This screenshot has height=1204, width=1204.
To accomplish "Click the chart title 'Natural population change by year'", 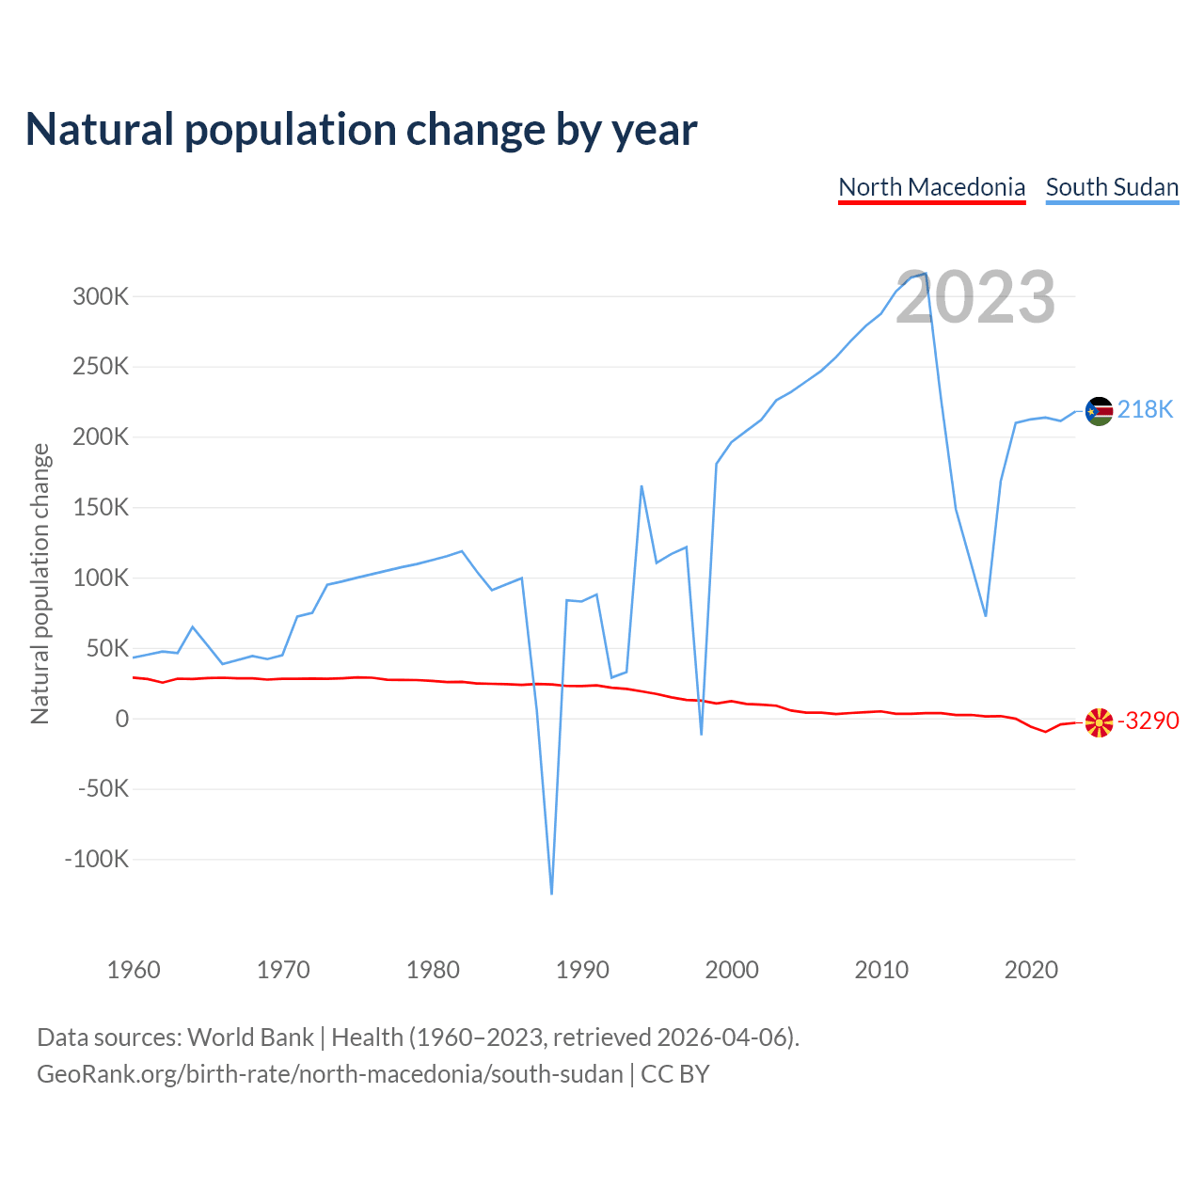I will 361,130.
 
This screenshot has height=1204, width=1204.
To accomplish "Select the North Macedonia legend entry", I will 931,187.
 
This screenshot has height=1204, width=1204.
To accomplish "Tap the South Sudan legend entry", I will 1112,187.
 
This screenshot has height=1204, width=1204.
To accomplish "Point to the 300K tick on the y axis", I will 101,297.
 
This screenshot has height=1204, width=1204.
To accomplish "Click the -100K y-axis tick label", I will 96,859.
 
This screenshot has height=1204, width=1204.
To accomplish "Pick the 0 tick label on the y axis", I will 121,719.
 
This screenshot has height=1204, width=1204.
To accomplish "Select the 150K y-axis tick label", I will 101,508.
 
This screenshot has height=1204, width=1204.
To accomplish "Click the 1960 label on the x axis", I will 134,970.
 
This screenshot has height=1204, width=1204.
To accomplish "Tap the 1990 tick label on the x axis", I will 582,970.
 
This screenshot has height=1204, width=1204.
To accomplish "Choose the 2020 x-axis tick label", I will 1031,970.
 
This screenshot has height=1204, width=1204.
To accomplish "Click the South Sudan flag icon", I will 1099,411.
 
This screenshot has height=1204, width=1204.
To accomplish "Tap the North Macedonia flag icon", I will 1099,722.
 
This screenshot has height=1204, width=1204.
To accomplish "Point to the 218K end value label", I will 1146,409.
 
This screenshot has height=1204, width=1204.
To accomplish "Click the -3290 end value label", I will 1148,721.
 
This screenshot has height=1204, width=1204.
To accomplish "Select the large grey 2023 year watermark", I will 975,297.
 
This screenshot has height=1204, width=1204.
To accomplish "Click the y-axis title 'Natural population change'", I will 40,583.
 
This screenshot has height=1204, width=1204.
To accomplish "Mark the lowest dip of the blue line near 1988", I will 551,893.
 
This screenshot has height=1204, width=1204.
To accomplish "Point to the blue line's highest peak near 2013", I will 926,274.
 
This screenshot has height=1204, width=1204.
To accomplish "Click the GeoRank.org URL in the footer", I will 329,1074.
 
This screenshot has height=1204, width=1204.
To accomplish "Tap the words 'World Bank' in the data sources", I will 250,1038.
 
